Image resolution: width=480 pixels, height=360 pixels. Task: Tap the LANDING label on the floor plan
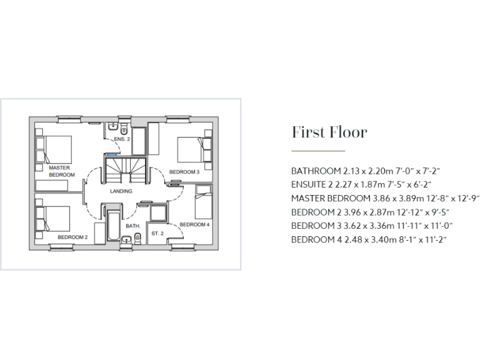coord(121,191)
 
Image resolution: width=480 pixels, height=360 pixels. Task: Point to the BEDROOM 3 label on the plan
coord(184,172)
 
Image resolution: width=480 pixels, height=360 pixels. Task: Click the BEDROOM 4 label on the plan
coord(194,224)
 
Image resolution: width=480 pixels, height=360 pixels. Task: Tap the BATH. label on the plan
coord(132,226)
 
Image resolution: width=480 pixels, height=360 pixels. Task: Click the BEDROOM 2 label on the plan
coord(72,237)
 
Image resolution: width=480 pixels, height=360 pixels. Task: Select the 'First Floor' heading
coord(329,132)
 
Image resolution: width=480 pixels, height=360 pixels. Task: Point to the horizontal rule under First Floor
coord(318,151)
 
